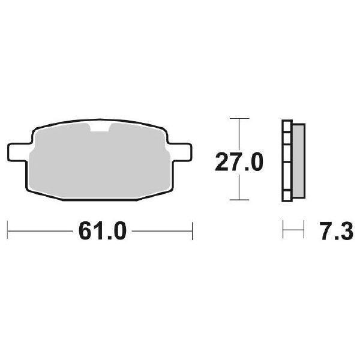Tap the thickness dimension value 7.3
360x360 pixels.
point(336,231)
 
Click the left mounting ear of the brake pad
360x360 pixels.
point(19,152)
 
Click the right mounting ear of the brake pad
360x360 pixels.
point(179,152)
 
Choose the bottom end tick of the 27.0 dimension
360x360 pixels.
point(239,200)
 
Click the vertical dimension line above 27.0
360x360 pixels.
point(239,133)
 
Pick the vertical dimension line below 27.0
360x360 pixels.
point(239,187)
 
